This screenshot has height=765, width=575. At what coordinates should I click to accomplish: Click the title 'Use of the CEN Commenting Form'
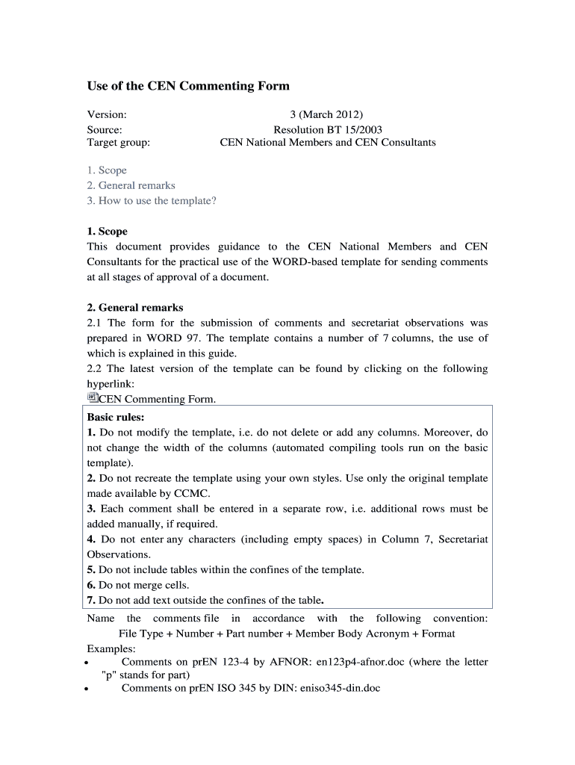click(188, 86)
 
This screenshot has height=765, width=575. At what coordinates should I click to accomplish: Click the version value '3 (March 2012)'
click(326, 114)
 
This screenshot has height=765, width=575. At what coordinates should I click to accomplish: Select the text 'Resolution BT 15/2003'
click(327, 129)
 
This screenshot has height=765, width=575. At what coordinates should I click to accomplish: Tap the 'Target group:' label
click(119, 142)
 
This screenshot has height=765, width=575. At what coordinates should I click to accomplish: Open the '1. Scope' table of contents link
click(107, 170)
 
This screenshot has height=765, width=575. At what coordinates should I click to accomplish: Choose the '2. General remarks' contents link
click(131, 185)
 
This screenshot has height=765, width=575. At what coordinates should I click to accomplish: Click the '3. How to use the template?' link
click(152, 200)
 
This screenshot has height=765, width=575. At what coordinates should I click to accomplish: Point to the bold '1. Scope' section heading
click(108, 232)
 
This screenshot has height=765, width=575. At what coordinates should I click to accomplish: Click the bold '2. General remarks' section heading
click(135, 308)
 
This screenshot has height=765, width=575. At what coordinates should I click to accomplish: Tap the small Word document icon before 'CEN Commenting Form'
click(93, 397)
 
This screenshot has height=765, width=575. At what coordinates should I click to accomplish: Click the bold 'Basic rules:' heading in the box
click(116, 417)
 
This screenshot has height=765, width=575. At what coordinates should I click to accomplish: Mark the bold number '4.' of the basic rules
click(92, 539)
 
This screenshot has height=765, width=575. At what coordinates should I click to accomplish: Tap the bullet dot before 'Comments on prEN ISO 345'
click(88, 690)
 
